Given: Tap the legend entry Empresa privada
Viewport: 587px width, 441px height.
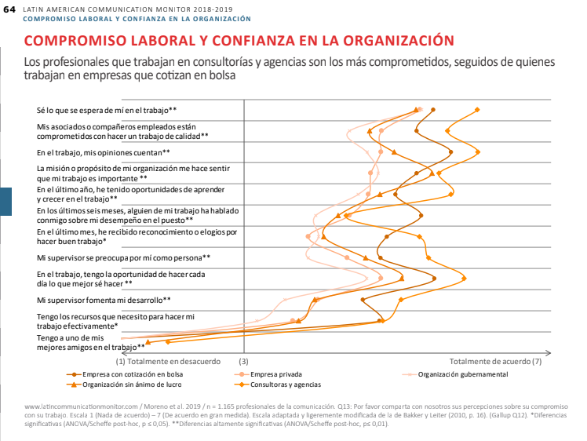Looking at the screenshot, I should point(275,374).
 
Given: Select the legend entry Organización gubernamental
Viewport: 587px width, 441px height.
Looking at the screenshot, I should point(463,374).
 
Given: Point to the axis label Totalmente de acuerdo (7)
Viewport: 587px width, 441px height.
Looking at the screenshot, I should point(495,362).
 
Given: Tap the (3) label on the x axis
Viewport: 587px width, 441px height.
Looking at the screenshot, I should point(243,362).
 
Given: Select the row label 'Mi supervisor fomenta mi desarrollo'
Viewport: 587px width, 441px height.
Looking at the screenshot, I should point(115,300).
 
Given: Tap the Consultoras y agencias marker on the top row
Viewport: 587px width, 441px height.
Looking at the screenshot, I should point(477,109).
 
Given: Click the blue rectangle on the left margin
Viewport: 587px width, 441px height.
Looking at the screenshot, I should point(5,200).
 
